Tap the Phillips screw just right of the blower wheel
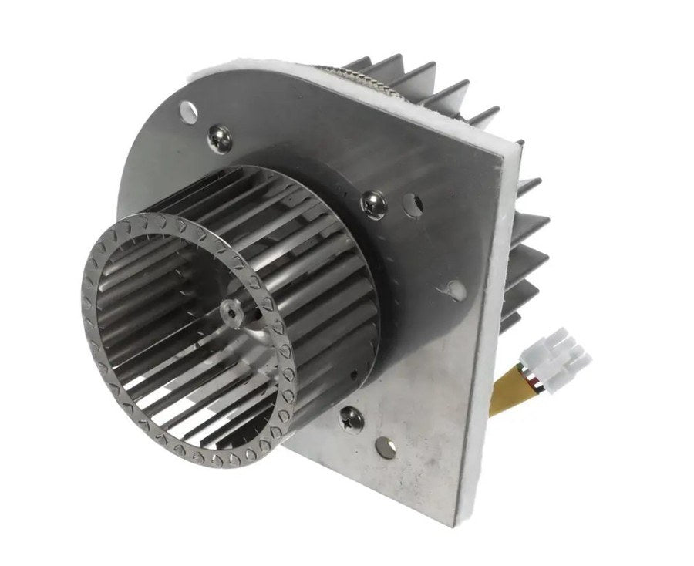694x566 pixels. pos(375,204)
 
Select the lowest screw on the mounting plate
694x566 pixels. pos(352,419)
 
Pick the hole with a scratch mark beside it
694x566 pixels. pos(455,289)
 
